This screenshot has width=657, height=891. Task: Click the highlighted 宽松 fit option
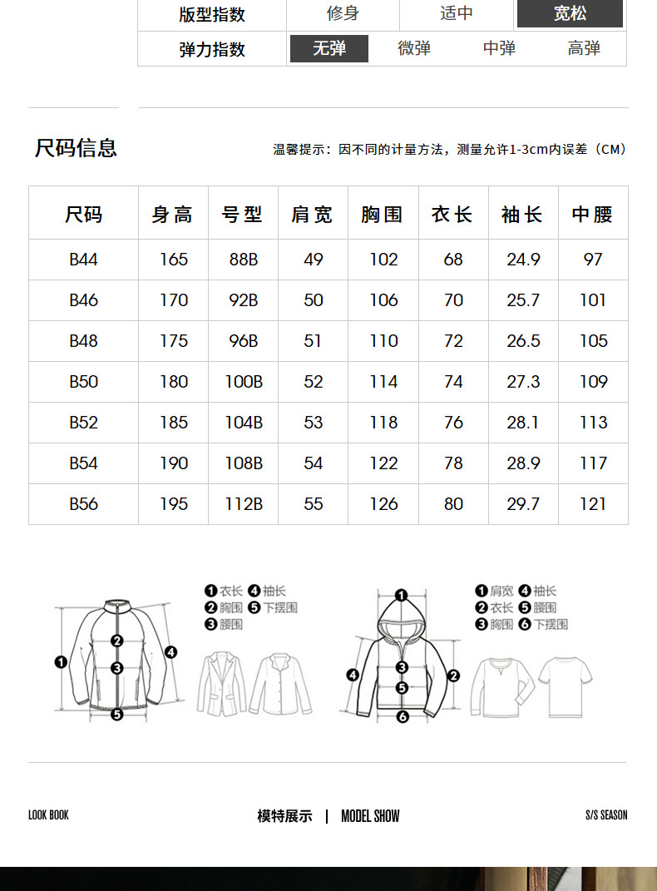pos(570,14)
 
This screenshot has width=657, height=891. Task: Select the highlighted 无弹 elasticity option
pos(329,49)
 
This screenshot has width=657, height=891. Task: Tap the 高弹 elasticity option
pos(584,49)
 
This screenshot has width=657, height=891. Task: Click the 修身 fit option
pos(343,14)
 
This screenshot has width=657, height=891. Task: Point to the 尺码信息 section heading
pos(76,148)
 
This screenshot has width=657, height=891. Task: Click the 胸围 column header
pos(383,215)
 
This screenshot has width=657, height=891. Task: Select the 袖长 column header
pos(522,215)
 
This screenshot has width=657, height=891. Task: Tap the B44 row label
pos(83,260)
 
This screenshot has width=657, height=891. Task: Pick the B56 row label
pos(83,504)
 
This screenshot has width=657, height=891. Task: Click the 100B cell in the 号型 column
pos(244,382)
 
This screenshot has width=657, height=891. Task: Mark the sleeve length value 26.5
pos(523,341)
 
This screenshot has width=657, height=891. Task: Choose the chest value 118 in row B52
pos(383,423)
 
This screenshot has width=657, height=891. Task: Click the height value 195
pos(174,504)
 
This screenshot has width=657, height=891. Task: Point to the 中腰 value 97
pos(593,260)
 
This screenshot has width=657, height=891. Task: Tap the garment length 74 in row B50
pos(453,382)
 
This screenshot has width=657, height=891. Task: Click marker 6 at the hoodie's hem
pos(403,716)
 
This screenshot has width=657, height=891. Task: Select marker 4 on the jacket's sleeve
pos(171,652)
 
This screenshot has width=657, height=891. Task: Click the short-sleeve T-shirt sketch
pos(566,685)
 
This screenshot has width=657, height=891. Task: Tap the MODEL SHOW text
pos(370,816)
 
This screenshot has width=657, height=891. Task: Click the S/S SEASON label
pos(606,815)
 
